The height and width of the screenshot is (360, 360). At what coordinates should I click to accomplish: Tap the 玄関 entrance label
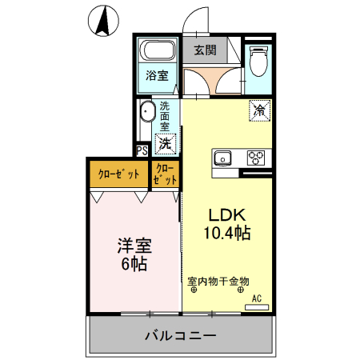pyautogui.click(x=205, y=51)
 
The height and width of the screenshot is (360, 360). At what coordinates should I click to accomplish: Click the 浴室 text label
pyautogui.click(x=157, y=77)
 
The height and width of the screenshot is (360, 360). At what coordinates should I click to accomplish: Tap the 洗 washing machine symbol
pyautogui.click(x=165, y=144)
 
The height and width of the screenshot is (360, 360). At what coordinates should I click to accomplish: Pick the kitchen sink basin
pyautogui.click(x=222, y=157)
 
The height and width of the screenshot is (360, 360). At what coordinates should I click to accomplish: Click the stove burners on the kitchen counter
pyautogui.click(x=256, y=157)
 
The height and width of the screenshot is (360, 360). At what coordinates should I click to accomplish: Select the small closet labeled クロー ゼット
pyautogui.click(x=165, y=174)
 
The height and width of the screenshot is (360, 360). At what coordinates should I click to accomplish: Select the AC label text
pyautogui.click(x=257, y=298)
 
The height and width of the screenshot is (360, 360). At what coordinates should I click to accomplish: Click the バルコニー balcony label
pyautogui.click(x=180, y=335)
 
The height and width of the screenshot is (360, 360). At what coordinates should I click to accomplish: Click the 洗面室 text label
pyautogui.click(x=164, y=116)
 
